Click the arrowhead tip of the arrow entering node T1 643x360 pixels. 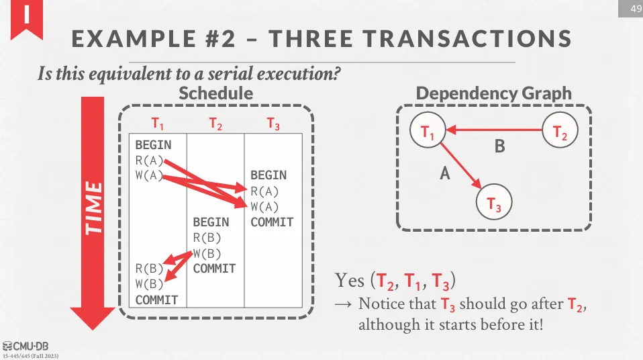pyautogui.click(x=446, y=130)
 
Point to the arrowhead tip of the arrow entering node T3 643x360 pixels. pyautogui.click(x=481, y=189)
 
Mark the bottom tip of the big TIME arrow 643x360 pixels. pyautogui.click(x=93, y=330)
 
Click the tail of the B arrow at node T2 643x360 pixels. pyautogui.click(x=542, y=130)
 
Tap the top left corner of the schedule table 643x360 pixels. pyautogui.click(x=129, y=134)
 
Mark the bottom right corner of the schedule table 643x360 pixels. pyautogui.click(x=303, y=308)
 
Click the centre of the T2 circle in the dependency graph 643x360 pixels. pyautogui.click(x=560, y=130)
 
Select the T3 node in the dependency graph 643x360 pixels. pyautogui.click(x=494, y=202)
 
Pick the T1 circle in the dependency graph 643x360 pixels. pyautogui.click(x=428, y=130)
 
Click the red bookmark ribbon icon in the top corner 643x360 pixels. pyautogui.click(x=27, y=19)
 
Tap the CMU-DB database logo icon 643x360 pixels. pyautogui.click(x=7, y=347)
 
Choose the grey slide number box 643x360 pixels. pyautogui.click(x=630, y=9)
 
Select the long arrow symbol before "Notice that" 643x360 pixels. pyautogui.click(x=343, y=304)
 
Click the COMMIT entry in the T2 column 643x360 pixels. pyautogui.click(x=215, y=269)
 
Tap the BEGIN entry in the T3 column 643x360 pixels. pyautogui.click(x=268, y=175)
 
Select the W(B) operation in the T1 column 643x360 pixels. pyautogui.click(x=149, y=284)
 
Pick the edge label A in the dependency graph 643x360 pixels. pyautogui.click(x=445, y=174)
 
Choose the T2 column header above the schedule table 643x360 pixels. pyautogui.click(x=215, y=123)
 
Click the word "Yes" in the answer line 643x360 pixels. pyautogui.click(x=350, y=281)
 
